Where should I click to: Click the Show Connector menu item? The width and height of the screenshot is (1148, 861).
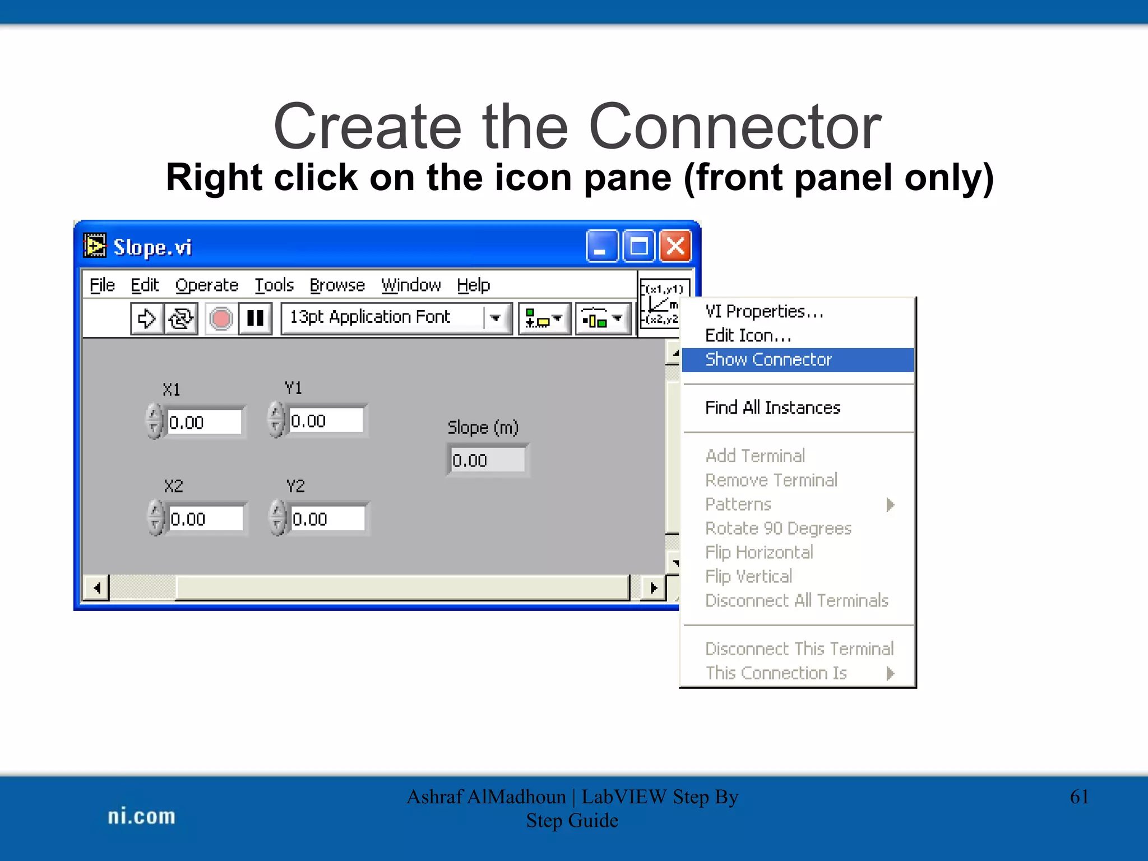[768, 359]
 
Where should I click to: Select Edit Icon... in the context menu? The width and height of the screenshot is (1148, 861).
[748, 335]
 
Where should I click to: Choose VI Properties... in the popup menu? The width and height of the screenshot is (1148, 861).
[763, 311]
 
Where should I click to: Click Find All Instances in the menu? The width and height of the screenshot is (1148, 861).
[772, 408]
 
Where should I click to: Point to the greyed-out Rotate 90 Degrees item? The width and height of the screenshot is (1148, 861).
[778, 528]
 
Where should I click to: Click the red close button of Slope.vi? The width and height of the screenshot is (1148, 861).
[675, 246]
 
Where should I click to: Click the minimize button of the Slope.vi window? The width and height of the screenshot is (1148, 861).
[601, 246]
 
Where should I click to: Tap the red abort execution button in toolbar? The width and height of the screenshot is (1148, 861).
[221, 318]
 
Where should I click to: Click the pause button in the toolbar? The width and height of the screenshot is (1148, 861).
[256, 318]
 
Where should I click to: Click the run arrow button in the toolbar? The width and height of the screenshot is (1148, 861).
[147, 318]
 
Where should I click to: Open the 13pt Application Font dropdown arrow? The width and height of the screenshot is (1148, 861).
[496, 318]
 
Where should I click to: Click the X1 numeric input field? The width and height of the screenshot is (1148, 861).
[204, 422]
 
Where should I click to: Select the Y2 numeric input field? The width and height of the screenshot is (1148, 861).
[327, 519]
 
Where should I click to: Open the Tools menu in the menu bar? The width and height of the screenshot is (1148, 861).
[274, 285]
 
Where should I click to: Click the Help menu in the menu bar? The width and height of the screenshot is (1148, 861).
[473, 285]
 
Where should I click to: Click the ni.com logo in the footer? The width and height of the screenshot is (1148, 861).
[141, 816]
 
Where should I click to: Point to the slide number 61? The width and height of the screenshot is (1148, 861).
[1079, 797]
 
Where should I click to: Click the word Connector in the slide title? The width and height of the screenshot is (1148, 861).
[735, 127]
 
